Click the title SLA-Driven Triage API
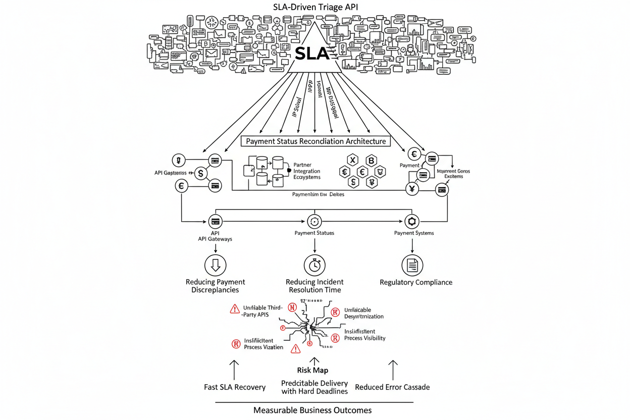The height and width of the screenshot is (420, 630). tap(314, 8)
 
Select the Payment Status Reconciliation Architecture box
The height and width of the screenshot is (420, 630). tap(316, 141)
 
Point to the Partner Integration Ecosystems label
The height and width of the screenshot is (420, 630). tap(306, 171)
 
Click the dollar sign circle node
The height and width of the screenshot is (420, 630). tap(201, 174)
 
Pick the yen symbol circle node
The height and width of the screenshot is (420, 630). tap(412, 189)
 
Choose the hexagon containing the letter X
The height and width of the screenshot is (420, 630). tap(353, 161)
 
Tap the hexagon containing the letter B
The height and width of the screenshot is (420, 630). tap(372, 161)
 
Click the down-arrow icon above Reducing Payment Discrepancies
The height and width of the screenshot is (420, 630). tap(216, 265)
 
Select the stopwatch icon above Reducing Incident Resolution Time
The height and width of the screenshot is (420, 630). tap(314, 265)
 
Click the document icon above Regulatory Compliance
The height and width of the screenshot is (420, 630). tap(412, 265)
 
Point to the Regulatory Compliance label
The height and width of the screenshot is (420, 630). tap(416, 282)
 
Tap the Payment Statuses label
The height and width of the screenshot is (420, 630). tap(314, 233)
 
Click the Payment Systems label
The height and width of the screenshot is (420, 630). tap(414, 233)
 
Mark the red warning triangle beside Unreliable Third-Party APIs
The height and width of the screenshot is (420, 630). tap(235, 309)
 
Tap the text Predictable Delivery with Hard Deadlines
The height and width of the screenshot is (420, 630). tap(314, 387)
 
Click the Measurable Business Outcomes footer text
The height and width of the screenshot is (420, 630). tap(312, 410)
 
